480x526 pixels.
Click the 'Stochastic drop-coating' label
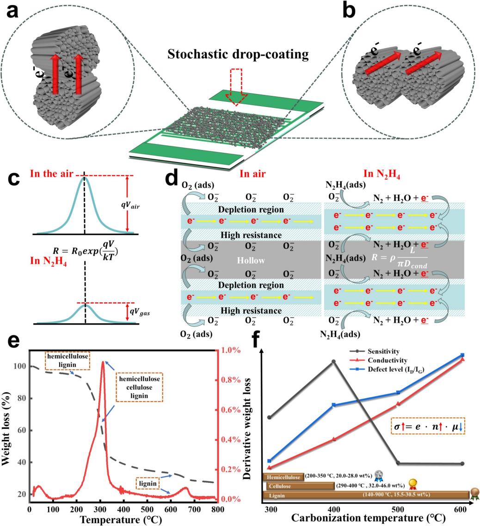click(238, 54)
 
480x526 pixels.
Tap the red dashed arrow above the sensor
click(236, 87)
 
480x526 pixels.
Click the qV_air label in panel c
click(130, 204)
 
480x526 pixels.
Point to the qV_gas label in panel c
click(140, 312)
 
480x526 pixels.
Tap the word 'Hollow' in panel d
click(251, 260)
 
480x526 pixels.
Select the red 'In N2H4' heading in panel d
click(382, 174)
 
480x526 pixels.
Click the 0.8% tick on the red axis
click(231, 380)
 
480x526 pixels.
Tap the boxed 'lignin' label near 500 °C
click(148, 483)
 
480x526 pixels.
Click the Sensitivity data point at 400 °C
click(333, 362)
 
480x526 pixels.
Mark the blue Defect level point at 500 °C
click(398, 392)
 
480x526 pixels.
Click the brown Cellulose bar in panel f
click(301, 486)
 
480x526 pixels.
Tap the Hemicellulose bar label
click(283, 477)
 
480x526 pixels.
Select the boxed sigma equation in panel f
click(428, 426)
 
